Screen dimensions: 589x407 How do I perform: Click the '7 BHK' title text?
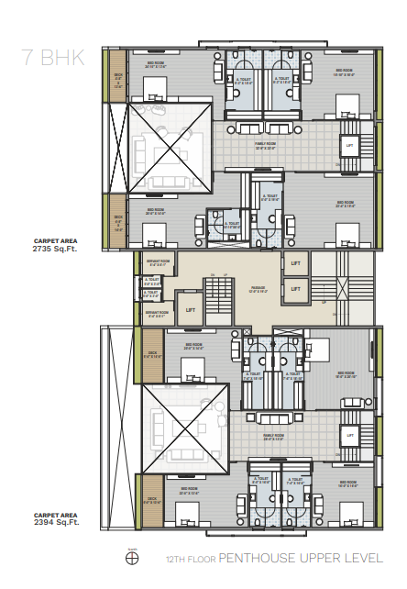click(55, 58)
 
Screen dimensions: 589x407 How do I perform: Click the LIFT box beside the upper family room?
click(348, 146)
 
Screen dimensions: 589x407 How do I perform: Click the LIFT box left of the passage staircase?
click(189, 309)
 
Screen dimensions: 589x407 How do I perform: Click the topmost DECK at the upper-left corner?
click(117, 81)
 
